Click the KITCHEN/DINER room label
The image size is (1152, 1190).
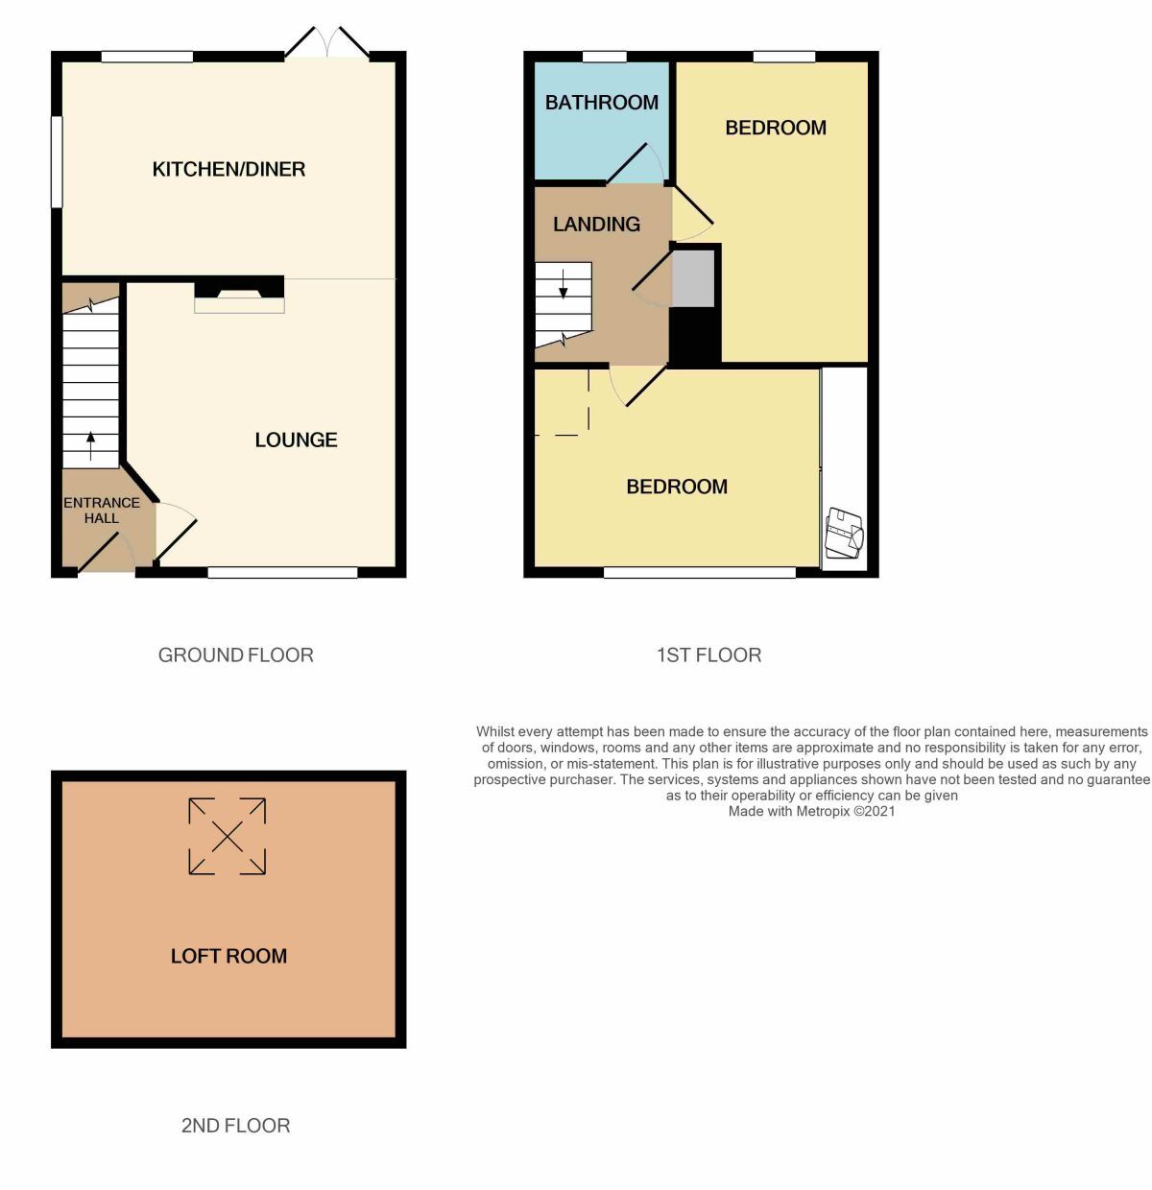click(228, 170)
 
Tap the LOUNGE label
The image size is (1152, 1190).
click(296, 440)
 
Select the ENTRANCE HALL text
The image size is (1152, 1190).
click(102, 511)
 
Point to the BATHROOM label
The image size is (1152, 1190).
click(602, 103)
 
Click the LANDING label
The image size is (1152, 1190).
click(596, 225)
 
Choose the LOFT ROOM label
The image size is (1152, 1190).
click(228, 956)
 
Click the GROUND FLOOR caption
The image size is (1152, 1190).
click(235, 655)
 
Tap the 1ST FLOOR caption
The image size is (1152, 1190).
click(708, 655)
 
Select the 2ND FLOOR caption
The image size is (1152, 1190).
click(235, 1126)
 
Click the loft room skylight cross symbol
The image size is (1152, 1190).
click(228, 837)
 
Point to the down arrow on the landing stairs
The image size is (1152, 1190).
click(563, 285)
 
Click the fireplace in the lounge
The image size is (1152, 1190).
click(239, 296)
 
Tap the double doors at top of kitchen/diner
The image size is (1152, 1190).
click(327, 44)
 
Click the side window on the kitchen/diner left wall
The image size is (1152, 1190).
click(57, 161)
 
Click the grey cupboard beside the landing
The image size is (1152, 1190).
click(693, 278)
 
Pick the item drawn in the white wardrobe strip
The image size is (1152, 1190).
click(845, 534)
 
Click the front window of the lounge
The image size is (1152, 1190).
click(282, 573)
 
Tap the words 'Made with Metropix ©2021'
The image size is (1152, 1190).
click(811, 811)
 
